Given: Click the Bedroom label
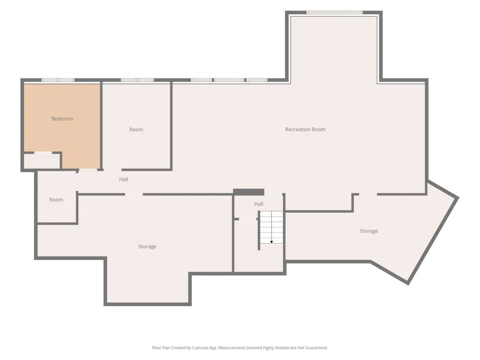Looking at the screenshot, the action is point(62,119).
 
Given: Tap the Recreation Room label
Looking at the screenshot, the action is point(305,130).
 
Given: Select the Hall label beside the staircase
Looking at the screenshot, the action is point(259,204).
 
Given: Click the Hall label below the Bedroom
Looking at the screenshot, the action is point(124,180).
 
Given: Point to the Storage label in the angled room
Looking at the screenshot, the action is point(369,231).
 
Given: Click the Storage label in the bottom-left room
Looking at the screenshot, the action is point(147,247).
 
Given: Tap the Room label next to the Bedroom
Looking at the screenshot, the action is point(136,130).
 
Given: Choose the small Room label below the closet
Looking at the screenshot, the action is point(56,200).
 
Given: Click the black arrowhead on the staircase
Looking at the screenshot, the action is point(272,242).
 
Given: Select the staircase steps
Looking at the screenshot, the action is point(272,227).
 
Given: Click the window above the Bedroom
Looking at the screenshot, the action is point(58,80).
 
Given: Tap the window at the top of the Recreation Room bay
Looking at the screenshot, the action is point(335,12).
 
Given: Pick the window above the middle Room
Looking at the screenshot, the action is point(137,80).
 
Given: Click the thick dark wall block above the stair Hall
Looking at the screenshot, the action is point(249,192).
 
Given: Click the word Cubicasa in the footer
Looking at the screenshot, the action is point(200,348).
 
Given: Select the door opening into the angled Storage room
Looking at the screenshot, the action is point(368,194).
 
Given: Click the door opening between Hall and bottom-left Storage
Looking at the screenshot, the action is point(134,194).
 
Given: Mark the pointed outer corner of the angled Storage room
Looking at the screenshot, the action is point(458,198).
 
